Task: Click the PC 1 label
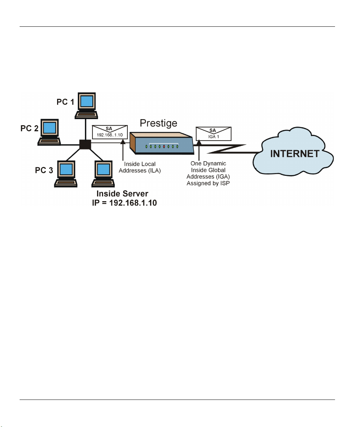click(x=65, y=102)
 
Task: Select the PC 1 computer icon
click(x=86, y=106)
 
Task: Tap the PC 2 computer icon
click(x=49, y=132)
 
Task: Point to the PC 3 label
click(x=44, y=170)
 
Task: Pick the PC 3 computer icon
click(x=66, y=174)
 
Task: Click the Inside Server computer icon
click(x=103, y=174)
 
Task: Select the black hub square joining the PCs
click(x=85, y=144)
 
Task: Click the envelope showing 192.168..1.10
click(x=110, y=132)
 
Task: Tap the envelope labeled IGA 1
click(x=213, y=134)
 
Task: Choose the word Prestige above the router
click(x=158, y=123)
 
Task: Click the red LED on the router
click(x=164, y=147)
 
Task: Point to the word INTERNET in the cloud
click(x=295, y=154)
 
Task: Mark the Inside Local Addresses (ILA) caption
click(x=140, y=167)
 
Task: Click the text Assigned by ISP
click(x=208, y=183)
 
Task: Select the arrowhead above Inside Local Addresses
click(x=123, y=141)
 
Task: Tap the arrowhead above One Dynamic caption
click(x=199, y=142)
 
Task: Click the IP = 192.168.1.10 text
click(x=125, y=203)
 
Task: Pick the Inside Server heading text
click(x=122, y=194)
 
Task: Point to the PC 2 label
click(x=29, y=128)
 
